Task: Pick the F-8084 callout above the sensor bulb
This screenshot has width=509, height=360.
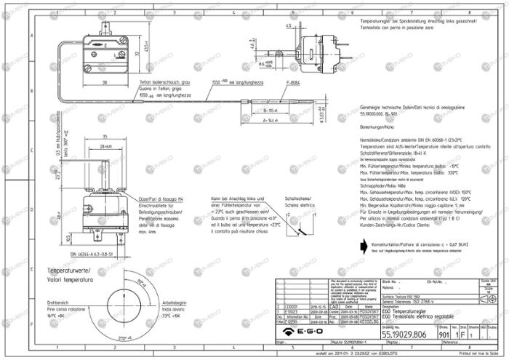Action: click(293, 83)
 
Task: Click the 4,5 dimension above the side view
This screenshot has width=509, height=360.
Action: click(289, 25)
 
